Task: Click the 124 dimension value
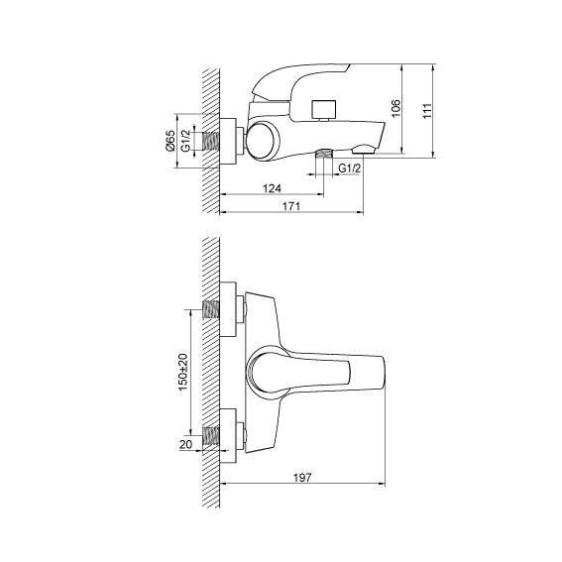coord(272,188)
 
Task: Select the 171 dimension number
coord(291,206)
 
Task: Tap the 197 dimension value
coord(302,478)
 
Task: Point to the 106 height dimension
coord(395,108)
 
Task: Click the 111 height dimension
coord(427,111)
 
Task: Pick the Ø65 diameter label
coord(170,141)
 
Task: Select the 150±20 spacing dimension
coord(182,372)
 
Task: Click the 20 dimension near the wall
coord(185,444)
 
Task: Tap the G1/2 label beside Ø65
coord(185,141)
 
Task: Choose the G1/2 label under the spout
coord(350,168)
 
